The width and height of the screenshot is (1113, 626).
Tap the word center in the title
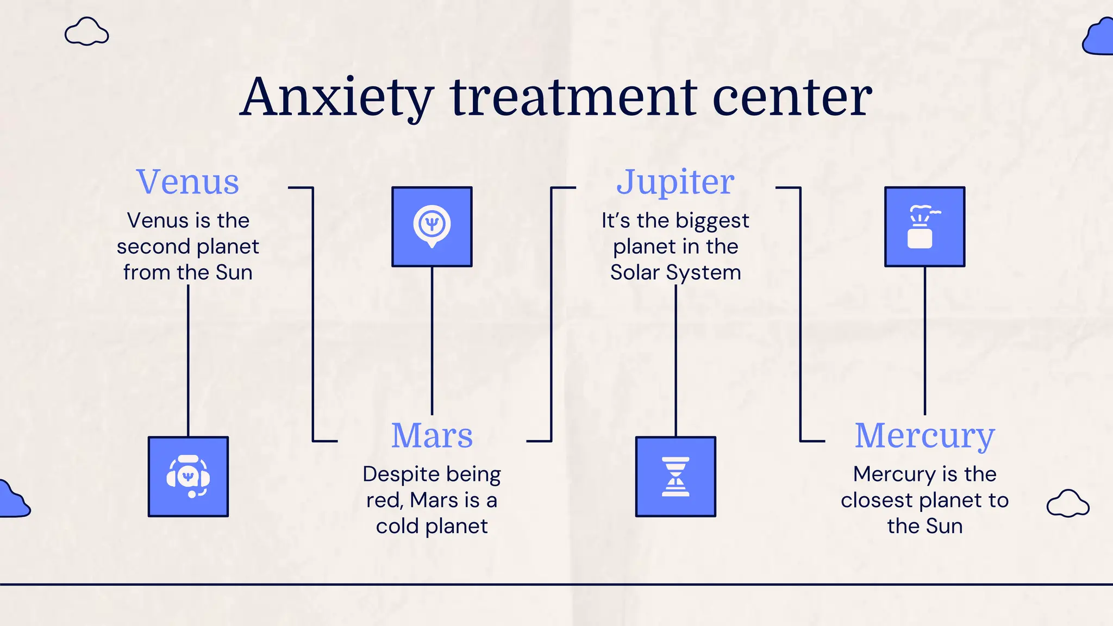[x=792, y=98]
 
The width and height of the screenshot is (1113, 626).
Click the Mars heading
[x=432, y=436]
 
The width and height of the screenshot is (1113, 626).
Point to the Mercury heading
[x=924, y=436]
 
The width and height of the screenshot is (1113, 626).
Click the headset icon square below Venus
[x=188, y=477]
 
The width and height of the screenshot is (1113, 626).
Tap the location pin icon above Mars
[x=432, y=227]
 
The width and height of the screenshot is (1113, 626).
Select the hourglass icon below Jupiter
[x=676, y=477]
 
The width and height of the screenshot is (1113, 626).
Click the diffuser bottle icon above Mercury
[x=924, y=227]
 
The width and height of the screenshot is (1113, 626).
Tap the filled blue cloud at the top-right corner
[x=1099, y=37]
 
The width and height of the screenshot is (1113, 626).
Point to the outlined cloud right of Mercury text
[x=1068, y=504]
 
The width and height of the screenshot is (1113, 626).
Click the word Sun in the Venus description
[x=234, y=272]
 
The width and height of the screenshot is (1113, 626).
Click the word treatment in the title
[x=573, y=98]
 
